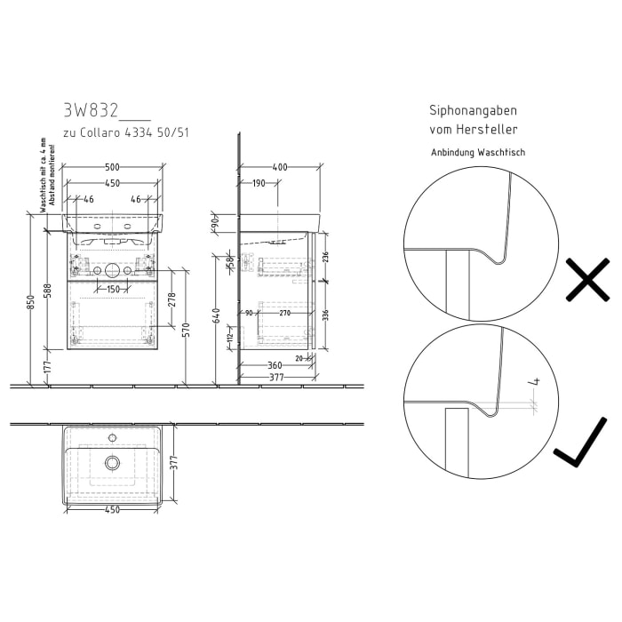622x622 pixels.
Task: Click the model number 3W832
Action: point(92,111)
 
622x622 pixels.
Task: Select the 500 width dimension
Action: point(113,166)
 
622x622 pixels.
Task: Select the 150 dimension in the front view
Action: point(113,289)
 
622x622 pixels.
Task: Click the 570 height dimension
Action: point(186,329)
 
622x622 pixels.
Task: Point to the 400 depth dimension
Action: point(280,166)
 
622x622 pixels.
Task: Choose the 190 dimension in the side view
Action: point(259,183)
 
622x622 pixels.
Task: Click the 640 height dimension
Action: point(216,315)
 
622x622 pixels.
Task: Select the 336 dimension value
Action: point(325,315)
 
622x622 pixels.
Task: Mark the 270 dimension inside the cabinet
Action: point(285,312)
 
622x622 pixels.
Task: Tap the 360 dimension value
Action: point(275,365)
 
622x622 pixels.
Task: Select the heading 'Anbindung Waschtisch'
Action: point(478,152)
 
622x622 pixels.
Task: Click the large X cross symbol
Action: point(586,281)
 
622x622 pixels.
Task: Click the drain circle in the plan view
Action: point(112,462)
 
